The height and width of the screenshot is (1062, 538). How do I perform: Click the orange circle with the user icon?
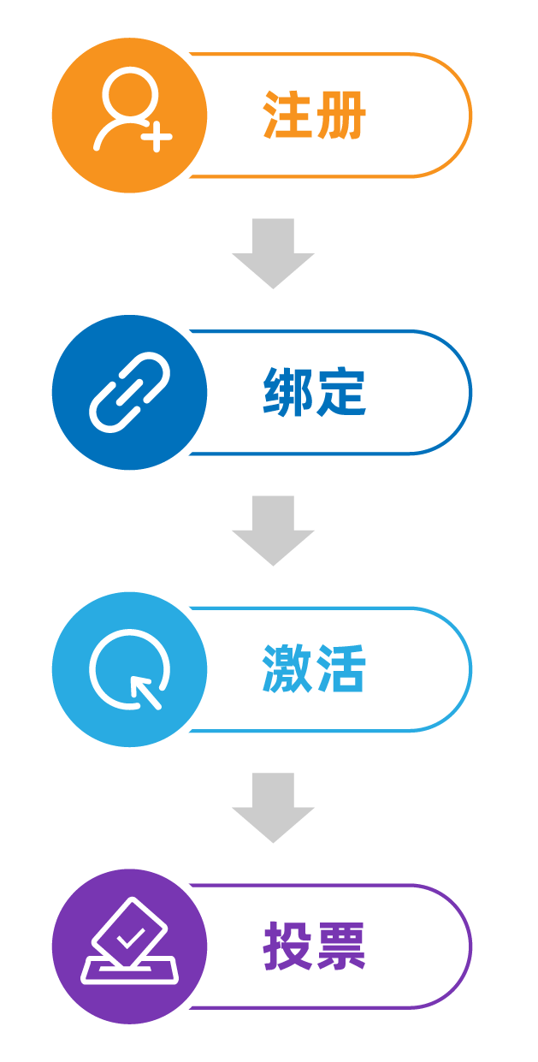pos(130,115)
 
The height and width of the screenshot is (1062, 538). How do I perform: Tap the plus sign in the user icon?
pos(157,136)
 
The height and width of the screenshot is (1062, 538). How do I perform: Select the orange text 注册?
pos(315,115)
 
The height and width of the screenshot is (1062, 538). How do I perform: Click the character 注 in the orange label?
pos(287,115)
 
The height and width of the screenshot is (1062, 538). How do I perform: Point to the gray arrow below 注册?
pos(273,252)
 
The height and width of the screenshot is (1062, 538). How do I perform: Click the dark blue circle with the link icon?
pos(130,392)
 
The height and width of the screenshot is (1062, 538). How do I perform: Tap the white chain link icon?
pos(130,392)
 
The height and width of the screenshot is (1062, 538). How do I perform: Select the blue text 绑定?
pos(315,392)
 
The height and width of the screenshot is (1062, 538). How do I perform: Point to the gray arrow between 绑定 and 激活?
pos(273,530)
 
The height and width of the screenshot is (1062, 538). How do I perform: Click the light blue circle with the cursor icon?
pos(130,669)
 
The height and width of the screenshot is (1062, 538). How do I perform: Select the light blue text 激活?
pos(315,669)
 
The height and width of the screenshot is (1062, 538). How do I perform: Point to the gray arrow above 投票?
pos(273,807)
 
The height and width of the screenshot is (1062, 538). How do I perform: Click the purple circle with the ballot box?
pos(130,946)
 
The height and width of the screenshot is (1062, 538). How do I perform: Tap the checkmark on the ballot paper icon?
pos(131,938)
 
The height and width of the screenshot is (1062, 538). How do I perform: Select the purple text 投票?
pos(315,946)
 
